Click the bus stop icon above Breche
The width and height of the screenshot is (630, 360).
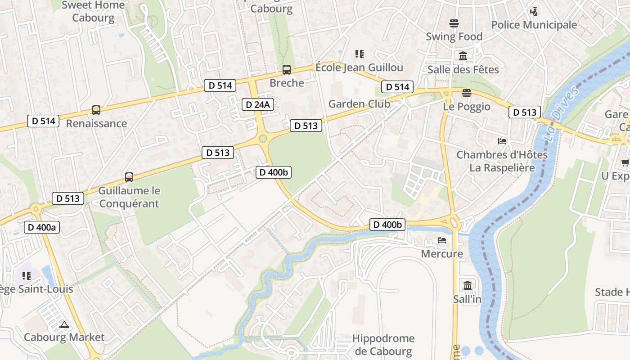point(286,70)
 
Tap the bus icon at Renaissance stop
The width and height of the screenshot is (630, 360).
point(96,110)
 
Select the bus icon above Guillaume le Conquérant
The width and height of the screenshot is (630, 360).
point(129,177)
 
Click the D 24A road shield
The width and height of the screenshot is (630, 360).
point(258,105)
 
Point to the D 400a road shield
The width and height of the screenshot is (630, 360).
point(41,227)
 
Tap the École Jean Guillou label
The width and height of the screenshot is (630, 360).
point(359,67)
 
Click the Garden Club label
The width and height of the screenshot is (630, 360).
point(359,104)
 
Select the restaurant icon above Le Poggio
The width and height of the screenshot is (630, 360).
point(467,93)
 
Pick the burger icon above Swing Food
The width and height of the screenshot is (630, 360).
point(454,23)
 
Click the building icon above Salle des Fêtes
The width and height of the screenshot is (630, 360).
point(463,56)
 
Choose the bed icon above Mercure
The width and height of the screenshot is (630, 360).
point(442,240)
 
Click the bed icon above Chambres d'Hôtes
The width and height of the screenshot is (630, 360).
point(502,141)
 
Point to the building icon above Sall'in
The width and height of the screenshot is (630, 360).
point(467,286)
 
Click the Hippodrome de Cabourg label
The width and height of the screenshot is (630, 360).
point(383,345)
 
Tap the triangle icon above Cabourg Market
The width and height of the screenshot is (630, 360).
point(64,324)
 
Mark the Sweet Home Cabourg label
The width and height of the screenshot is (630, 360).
point(93,12)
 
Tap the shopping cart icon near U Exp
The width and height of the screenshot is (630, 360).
point(625,162)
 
